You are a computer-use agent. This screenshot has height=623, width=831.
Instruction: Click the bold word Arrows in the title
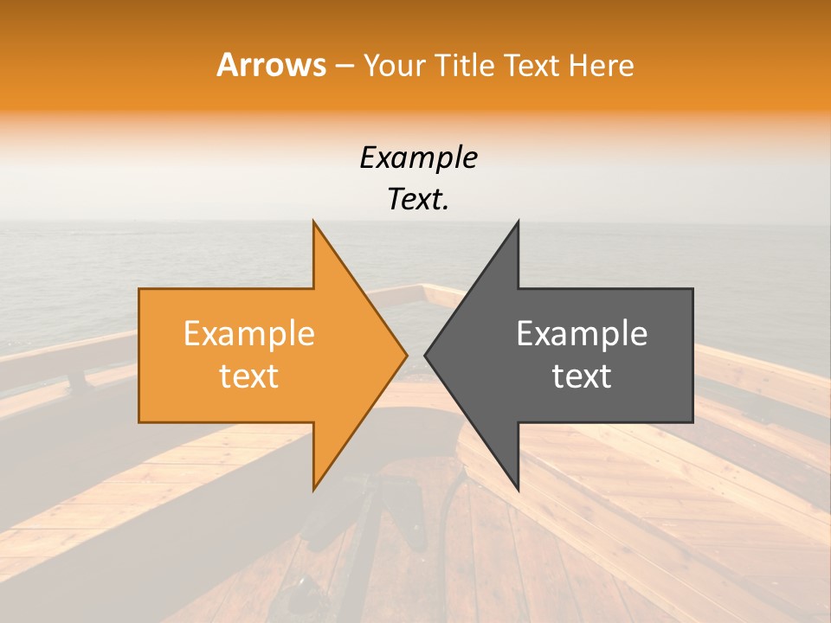pyautogui.click(x=271, y=65)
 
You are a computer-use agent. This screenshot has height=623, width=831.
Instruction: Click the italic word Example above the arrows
pyautogui.click(x=418, y=158)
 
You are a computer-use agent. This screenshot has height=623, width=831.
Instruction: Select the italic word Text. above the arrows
pyautogui.click(x=418, y=199)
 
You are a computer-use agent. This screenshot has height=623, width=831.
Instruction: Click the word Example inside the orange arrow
pyautogui.click(x=248, y=334)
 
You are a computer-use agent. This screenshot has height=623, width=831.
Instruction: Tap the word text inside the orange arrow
pyautogui.click(x=248, y=376)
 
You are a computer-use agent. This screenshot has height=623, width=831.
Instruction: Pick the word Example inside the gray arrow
pyautogui.click(x=582, y=334)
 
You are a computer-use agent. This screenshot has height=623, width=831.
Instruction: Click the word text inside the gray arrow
pyautogui.click(x=582, y=376)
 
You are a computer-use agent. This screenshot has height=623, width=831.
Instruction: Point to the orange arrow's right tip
pyautogui.click(x=407, y=355)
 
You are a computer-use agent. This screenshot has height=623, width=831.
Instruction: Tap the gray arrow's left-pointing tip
pyautogui.click(x=425, y=355)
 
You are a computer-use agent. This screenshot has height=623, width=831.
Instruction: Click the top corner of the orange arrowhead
pyautogui.click(x=313, y=222)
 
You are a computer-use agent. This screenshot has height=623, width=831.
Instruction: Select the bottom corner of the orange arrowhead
pyautogui.click(x=313, y=490)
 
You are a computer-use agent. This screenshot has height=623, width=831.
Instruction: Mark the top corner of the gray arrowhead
pyautogui.click(x=518, y=222)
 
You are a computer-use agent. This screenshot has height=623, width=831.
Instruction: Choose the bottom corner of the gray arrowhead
pyautogui.click(x=518, y=490)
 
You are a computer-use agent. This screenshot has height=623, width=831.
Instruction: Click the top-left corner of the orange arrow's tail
pyautogui.click(x=140, y=290)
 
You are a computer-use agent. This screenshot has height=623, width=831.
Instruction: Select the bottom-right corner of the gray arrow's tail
pyautogui.click(x=692, y=421)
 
